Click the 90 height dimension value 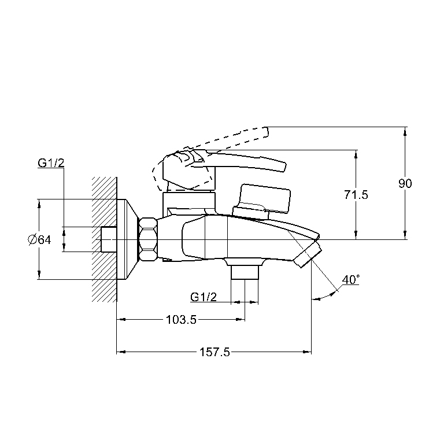pos(405,184)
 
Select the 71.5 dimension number pos(356,195)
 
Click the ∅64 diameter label pos(39,239)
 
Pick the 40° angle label pos(351,280)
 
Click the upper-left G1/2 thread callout pos(51,163)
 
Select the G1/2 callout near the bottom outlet pos(204,297)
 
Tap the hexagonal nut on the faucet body pos(148,239)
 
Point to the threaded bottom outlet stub pos(245,272)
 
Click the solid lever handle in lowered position pos(243,162)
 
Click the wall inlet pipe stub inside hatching pos(109,239)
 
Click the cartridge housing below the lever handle pos(188,202)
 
